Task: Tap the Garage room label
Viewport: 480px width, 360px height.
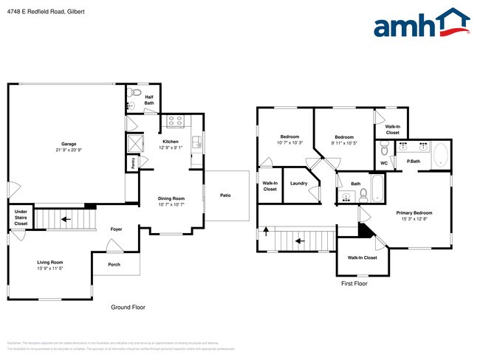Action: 69,144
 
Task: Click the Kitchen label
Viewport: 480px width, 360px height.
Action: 171,141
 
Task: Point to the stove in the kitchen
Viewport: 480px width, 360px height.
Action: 175,121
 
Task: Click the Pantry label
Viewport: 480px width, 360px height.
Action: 133,164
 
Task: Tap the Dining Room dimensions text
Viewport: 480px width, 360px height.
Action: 171,204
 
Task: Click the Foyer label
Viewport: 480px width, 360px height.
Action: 116,229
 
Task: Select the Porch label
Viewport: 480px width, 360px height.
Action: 114,264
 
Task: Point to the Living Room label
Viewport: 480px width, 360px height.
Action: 50,262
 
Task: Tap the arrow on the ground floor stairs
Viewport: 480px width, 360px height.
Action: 65,219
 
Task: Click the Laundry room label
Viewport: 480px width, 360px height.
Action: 298,183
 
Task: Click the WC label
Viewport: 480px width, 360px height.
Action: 384,163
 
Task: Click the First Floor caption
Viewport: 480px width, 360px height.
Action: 354,283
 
